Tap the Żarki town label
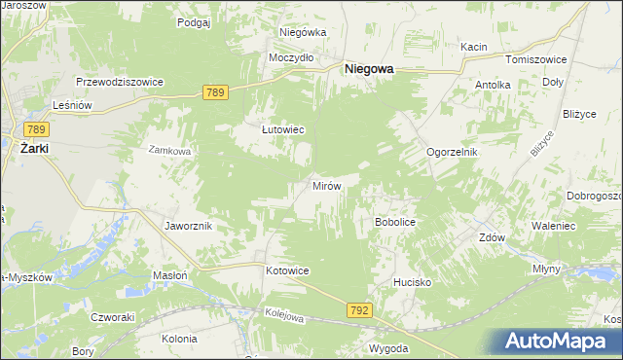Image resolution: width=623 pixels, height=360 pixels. (x=34, y=148)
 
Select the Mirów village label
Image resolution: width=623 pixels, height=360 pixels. (x=325, y=185)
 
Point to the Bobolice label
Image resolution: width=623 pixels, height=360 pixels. (x=395, y=222)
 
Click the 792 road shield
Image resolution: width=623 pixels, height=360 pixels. (x=358, y=309)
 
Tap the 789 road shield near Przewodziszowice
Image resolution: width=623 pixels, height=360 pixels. (x=216, y=92)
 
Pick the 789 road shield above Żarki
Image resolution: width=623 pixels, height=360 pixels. (x=37, y=129)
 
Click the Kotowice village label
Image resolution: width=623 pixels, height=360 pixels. (x=287, y=270)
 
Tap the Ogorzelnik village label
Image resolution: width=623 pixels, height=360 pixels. (x=453, y=153)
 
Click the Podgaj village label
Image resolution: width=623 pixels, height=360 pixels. (x=194, y=20)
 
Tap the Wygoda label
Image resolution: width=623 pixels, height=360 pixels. (x=387, y=347)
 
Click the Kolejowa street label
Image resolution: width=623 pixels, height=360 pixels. (x=285, y=316)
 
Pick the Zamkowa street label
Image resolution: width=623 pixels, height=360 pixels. (x=171, y=151)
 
